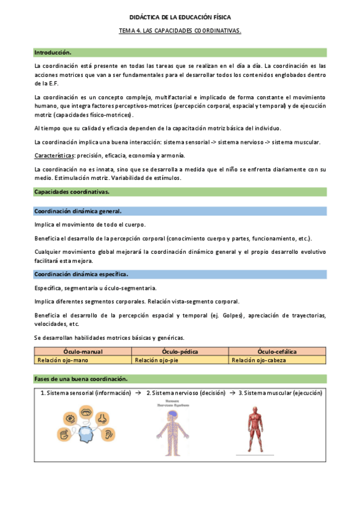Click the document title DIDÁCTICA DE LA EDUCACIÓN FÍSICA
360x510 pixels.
coord(180,19)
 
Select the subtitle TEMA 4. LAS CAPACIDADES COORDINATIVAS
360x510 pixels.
coord(180,31)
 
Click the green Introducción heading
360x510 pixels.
coord(53,52)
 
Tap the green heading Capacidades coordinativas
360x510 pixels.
coord(72,192)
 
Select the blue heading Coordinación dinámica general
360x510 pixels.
coord(78,211)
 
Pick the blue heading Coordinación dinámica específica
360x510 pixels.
coord(81,274)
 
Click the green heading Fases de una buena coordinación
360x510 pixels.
coord(81,379)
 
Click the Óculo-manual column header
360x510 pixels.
coord(83,352)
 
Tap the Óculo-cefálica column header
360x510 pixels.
coord(277,352)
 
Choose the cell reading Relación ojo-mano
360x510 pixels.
coord(60,360)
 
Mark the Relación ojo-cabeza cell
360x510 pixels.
coord(258,360)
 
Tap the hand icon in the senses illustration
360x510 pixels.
coord(64,433)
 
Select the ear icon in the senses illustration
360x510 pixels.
coord(109,432)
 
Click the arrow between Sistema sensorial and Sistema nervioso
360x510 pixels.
coord(138,393)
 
